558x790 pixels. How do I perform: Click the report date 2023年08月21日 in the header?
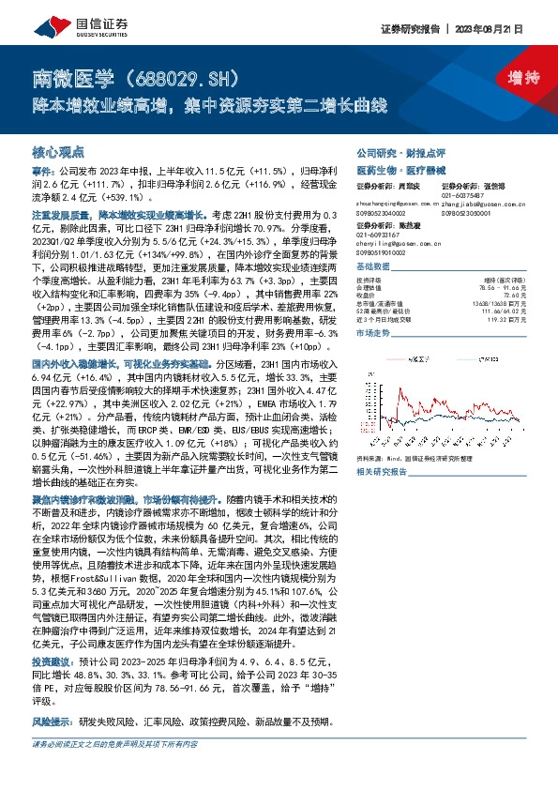point(493,28)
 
